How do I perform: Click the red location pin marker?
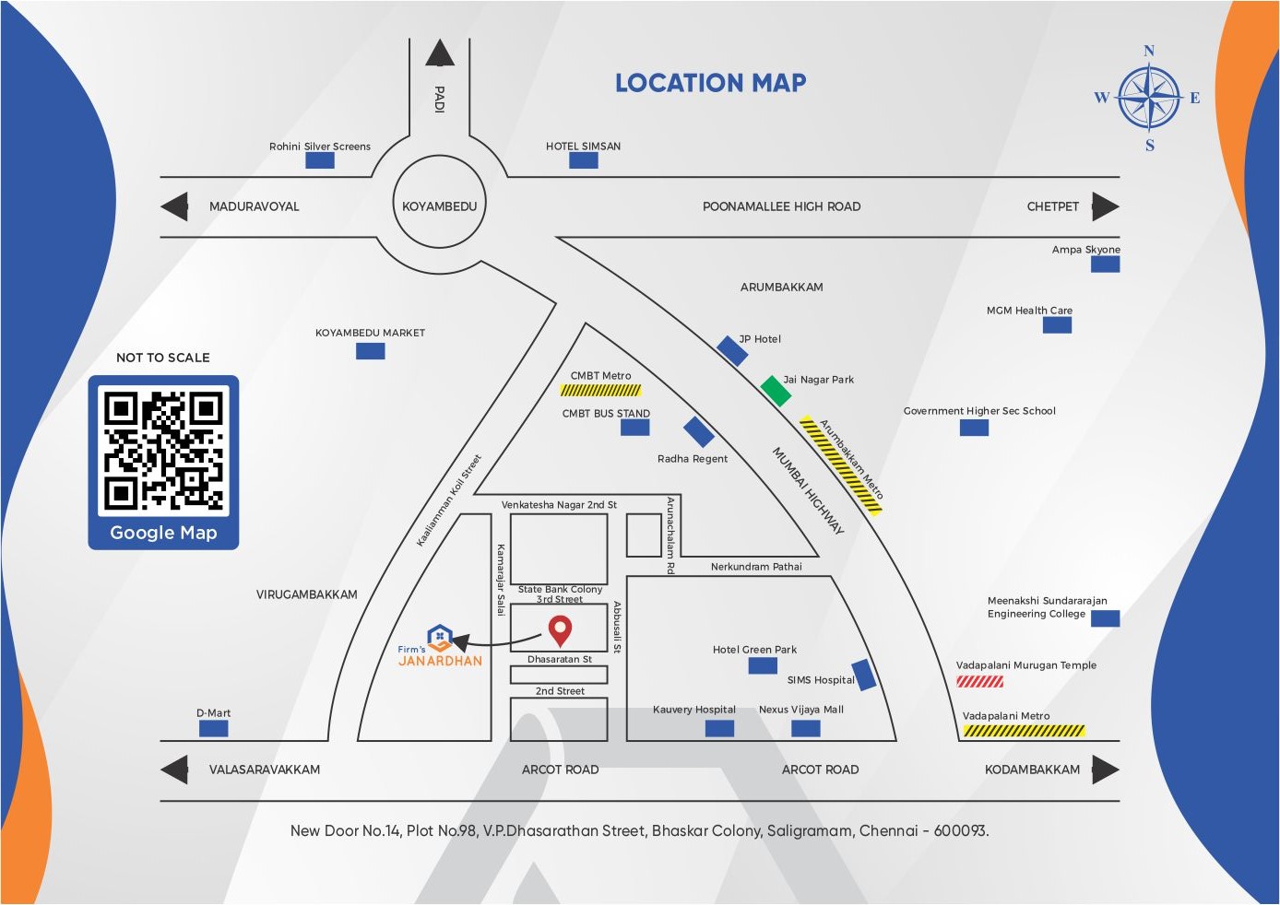[x=560, y=630]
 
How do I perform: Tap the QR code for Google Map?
[x=163, y=451]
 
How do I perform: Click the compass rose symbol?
[x=1149, y=97]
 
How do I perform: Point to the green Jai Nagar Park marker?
[x=776, y=391]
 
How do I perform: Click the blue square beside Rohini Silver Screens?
[x=319, y=160]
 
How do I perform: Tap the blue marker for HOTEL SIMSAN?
[x=583, y=160]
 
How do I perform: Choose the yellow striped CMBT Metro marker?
[x=600, y=391]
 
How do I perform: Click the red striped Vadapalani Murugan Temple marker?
[x=979, y=682]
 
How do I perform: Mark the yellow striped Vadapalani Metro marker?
[x=1024, y=731]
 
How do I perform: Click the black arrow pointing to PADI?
[x=440, y=53]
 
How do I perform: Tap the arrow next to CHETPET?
[x=1105, y=206]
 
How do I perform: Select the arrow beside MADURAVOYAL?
[x=174, y=206]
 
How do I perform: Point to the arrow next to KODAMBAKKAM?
[x=1105, y=770]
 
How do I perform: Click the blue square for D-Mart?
[x=213, y=728]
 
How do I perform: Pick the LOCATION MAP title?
[x=710, y=83]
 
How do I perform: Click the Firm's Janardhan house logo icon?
[x=440, y=636]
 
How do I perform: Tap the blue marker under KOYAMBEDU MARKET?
[x=370, y=351]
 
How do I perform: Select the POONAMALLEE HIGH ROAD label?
[x=781, y=206]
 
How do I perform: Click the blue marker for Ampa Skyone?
[x=1105, y=264]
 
